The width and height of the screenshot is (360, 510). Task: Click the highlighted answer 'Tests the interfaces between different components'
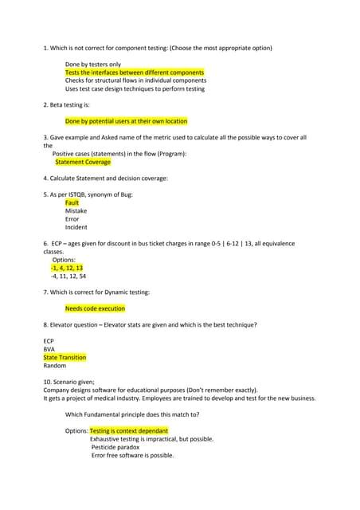[x=135, y=73]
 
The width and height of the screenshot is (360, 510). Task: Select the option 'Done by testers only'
[x=92, y=64]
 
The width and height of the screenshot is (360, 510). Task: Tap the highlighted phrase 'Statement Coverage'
[x=83, y=162]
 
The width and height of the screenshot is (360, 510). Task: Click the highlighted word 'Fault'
[x=72, y=202]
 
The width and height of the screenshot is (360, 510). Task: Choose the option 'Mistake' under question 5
[x=76, y=211]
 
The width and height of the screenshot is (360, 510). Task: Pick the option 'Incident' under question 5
[x=76, y=227]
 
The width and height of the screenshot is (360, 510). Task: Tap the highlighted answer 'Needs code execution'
[x=95, y=308]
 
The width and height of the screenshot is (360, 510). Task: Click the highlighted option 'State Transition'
[x=65, y=358]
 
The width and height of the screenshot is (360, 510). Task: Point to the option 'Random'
[x=55, y=366]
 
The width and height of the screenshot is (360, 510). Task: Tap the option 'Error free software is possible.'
[x=132, y=455]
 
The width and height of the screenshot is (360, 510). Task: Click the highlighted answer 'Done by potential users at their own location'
[x=127, y=121]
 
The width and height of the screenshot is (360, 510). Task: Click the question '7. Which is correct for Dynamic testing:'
[x=96, y=292]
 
